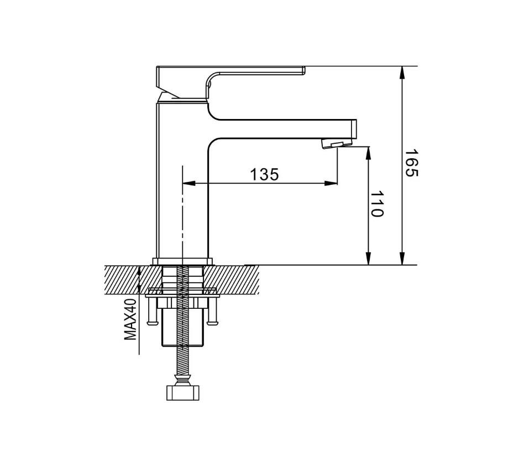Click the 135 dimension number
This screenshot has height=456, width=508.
click(264, 174)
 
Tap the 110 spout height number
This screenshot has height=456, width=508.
click(376, 204)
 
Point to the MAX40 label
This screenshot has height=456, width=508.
click(130, 319)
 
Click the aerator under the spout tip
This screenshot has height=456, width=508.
click(337, 143)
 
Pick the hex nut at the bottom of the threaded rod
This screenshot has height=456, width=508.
click(182, 393)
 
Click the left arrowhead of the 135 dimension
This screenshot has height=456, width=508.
click(189, 184)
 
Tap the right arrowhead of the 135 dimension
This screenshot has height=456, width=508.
click(331, 184)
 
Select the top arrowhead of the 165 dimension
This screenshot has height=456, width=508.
click(402, 72)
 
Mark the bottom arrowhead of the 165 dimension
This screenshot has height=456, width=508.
click(402, 258)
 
